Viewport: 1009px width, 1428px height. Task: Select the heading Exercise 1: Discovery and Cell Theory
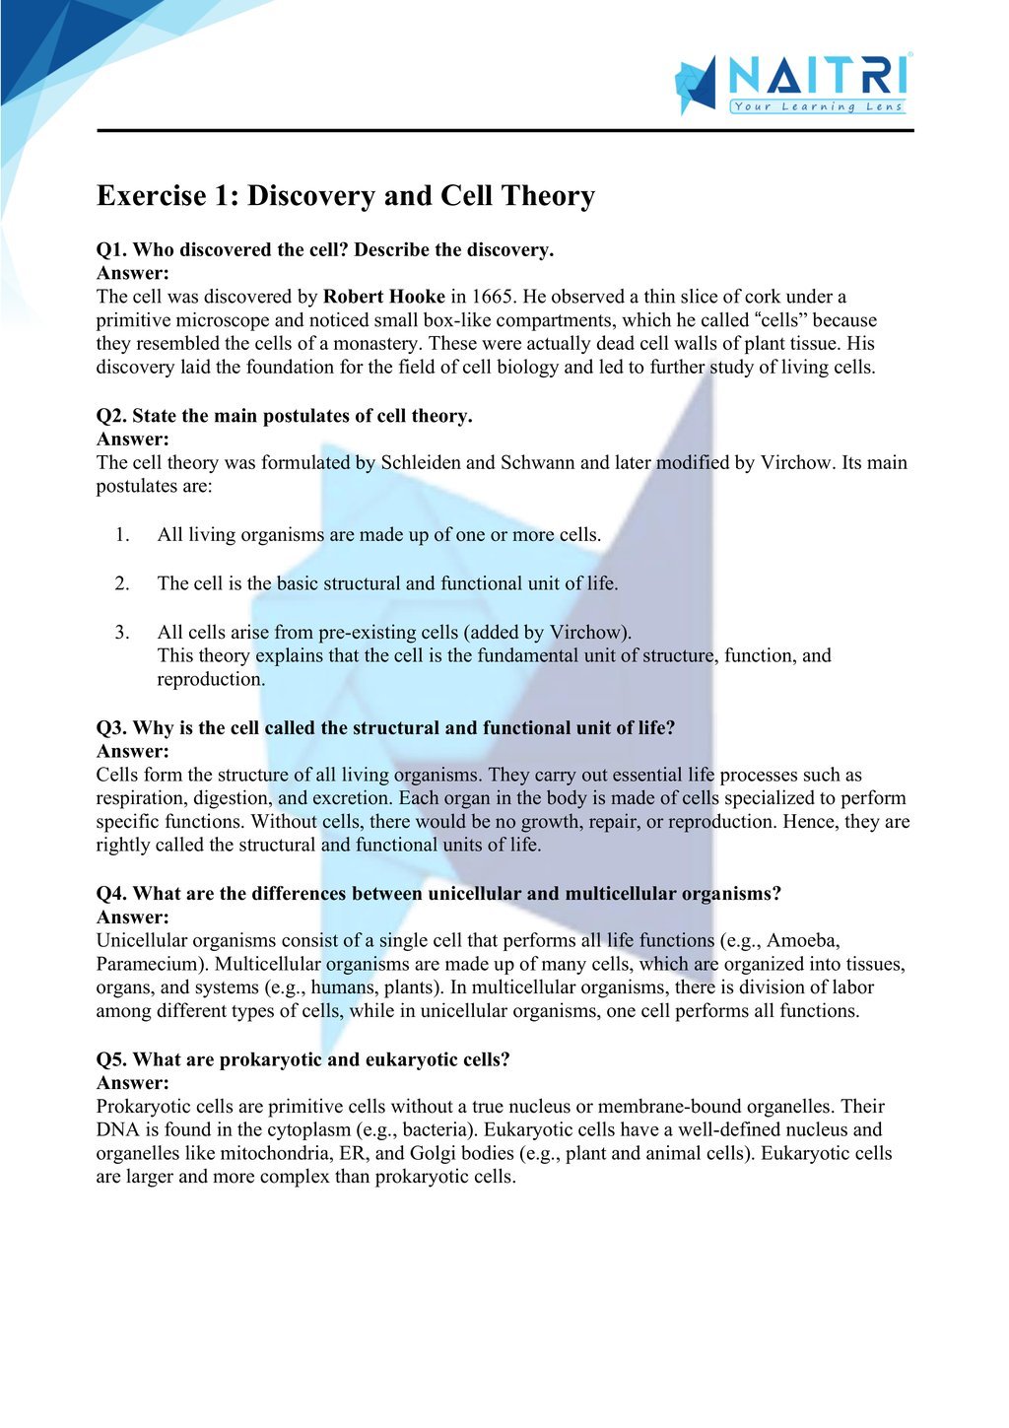pos(345,196)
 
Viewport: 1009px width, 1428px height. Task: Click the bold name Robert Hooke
pos(384,297)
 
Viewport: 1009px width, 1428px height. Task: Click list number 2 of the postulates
pos(122,583)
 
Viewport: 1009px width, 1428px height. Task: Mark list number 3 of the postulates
pos(122,633)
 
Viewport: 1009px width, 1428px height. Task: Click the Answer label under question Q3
pos(132,752)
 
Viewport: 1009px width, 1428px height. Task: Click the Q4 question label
pos(111,894)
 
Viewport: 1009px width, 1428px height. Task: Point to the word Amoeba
pos(802,941)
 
